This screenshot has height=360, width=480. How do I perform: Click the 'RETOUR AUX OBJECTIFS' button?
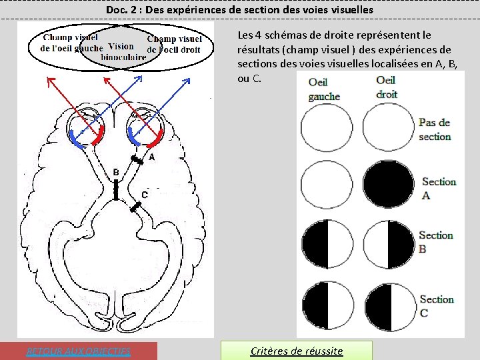79,351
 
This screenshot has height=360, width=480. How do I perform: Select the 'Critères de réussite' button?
296,351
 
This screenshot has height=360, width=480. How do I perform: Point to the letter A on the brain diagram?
152,157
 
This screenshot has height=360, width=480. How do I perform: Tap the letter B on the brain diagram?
116,173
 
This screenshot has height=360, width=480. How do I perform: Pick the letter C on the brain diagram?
144,195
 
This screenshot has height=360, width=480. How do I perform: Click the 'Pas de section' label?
435,129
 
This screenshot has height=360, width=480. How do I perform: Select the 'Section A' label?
439,188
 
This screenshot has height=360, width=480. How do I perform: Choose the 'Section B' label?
435,241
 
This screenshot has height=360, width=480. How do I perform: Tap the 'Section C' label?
437,306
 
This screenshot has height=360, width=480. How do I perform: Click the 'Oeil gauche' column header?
324,89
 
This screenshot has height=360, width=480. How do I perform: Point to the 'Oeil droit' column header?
387,87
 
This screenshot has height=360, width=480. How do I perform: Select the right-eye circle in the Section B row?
389,245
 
